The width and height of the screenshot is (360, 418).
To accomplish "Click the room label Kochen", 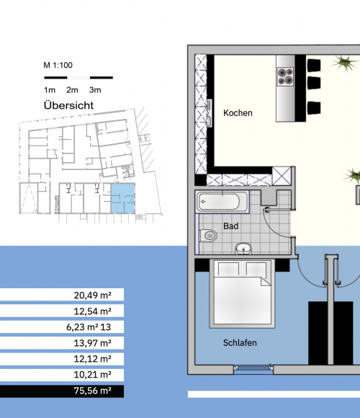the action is [x=238, y=113].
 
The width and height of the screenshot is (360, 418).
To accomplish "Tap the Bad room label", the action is [x=230, y=226].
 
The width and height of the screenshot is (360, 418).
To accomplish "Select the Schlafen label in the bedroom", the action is [x=240, y=342].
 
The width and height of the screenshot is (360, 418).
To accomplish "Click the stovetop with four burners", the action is [x=285, y=76].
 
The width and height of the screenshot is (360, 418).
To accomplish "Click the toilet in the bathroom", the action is [x=208, y=236].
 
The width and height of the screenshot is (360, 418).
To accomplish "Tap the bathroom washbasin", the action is [x=243, y=249].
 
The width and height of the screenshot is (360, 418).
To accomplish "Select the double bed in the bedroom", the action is [x=242, y=293].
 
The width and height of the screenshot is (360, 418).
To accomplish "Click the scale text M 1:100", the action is [x=58, y=65].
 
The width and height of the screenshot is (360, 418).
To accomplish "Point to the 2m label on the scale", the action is [x=72, y=90].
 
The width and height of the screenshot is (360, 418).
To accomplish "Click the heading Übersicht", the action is [x=68, y=105].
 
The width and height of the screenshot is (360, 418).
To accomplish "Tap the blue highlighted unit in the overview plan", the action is [x=122, y=198].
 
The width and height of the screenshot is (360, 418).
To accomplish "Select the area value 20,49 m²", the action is [x=92, y=295].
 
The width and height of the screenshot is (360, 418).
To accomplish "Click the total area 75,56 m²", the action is [x=92, y=391].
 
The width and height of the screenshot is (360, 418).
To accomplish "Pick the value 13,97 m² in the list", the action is [x=92, y=343].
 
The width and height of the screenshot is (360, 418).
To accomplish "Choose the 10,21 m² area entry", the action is [x=92, y=375].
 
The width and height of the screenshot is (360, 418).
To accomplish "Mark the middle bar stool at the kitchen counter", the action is [x=314, y=83].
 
